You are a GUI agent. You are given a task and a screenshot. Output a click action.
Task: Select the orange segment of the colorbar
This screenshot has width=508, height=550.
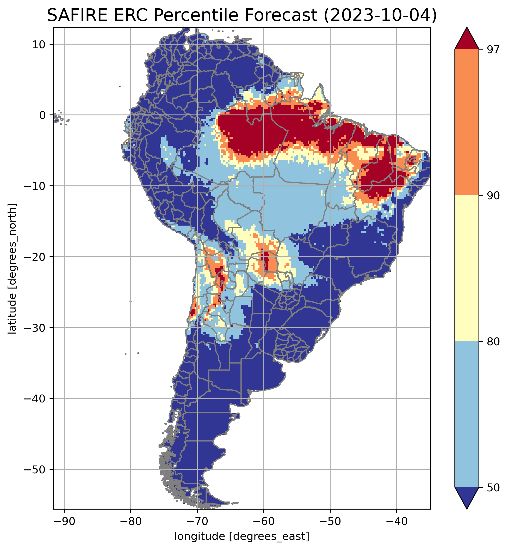pyautogui.click(x=467, y=122)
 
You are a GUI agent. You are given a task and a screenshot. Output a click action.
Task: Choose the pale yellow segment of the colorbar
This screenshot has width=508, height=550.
pyautogui.click(x=467, y=268)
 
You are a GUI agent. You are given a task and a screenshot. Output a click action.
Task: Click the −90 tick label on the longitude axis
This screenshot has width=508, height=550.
pyautogui.click(x=64, y=521)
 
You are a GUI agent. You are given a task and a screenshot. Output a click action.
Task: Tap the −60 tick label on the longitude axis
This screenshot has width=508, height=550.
pyautogui.click(x=264, y=521)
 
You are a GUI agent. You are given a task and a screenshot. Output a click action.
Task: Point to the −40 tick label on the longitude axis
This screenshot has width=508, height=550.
pyautogui.click(x=397, y=521)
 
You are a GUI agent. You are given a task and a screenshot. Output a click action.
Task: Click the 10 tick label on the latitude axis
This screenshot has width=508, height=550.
pyautogui.click(x=39, y=44)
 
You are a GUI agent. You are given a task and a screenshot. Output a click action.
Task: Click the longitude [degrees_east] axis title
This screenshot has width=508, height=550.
pyautogui.click(x=242, y=536)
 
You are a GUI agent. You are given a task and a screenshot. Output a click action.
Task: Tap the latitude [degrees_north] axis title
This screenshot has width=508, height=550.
pyautogui.click(x=12, y=269)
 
